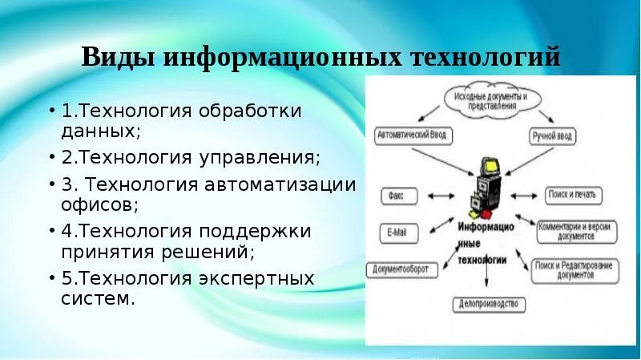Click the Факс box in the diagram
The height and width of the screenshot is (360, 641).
point(396,195)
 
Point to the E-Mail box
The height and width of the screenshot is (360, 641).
point(397,233)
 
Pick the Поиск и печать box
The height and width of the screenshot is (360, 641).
point(574,195)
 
